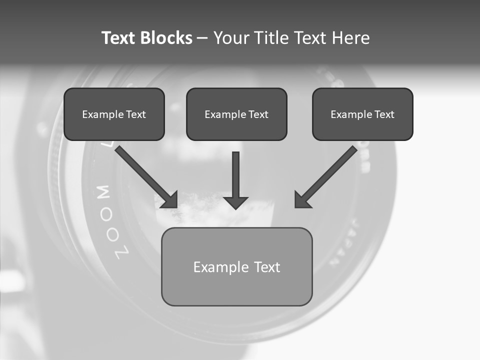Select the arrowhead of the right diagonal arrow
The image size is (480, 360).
(302, 199)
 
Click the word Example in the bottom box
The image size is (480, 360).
(215, 267)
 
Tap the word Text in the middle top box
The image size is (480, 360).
(258, 114)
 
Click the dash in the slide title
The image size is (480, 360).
(202, 38)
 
